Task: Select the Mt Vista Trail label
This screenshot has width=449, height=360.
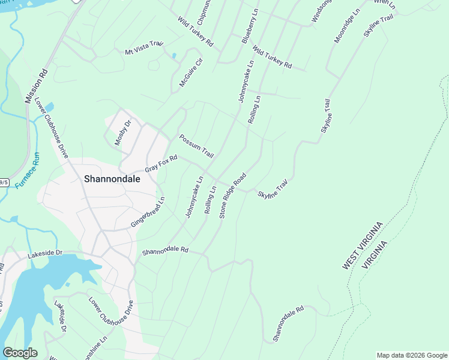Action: [144, 48]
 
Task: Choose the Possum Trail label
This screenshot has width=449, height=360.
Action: [196, 146]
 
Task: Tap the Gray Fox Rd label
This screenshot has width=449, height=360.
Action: [161, 163]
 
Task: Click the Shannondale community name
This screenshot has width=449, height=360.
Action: [112, 179]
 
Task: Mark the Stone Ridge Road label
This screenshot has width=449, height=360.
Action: [233, 195]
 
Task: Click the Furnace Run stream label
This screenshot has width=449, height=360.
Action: [28, 170]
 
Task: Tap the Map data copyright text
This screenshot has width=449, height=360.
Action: [412, 355]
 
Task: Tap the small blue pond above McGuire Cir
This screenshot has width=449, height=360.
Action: [173, 56]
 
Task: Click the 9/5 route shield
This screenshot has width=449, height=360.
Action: [3, 182]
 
